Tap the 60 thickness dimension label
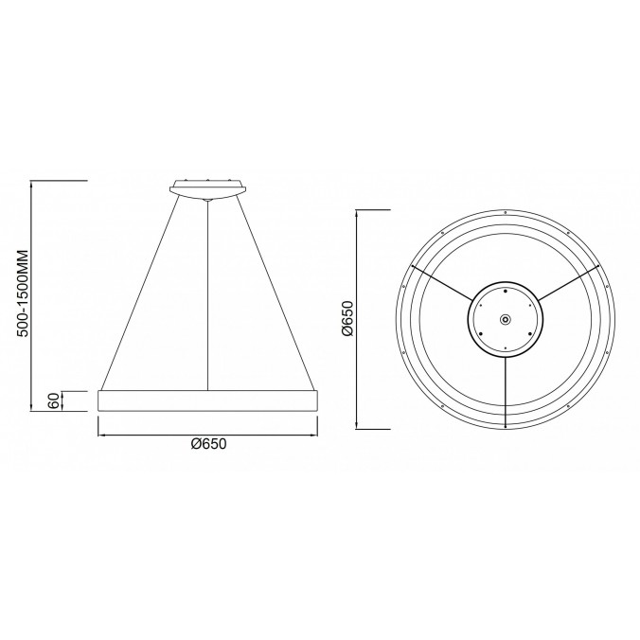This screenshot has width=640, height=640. click(54, 400)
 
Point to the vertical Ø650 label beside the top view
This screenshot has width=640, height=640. click(347, 319)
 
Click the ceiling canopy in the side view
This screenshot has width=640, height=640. click(208, 187)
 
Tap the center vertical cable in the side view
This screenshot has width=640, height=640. click(208, 293)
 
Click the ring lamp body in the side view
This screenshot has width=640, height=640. click(208, 400)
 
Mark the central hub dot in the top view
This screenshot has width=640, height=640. click(506, 319)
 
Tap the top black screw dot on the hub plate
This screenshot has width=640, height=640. click(506, 293)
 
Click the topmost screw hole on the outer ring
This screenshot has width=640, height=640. click(506, 210)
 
